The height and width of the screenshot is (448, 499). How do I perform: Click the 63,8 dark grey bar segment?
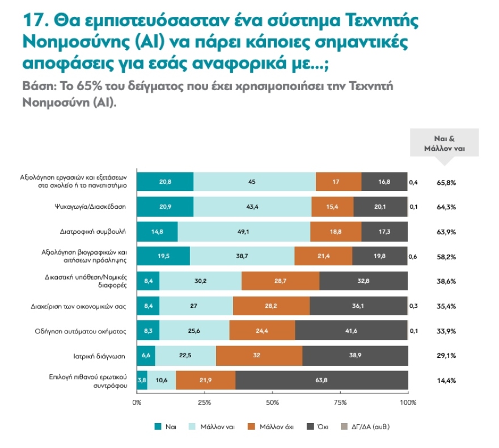pyautogui.click(x=322, y=380)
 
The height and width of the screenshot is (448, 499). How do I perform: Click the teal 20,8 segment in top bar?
pyautogui.click(x=166, y=182)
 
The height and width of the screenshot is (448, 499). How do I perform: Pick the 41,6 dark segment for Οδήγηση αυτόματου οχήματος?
pyautogui.click(x=350, y=330)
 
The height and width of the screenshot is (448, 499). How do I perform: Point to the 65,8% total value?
pyautogui.click(x=446, y=183)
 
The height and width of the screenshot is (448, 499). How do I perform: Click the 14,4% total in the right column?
pyautogui.click(x=446, y=381)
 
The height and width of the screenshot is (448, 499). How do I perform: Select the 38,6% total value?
pyautogui.click(x=446, y=281)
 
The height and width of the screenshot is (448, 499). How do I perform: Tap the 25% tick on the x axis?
pyautogui.click(x=204, y=402)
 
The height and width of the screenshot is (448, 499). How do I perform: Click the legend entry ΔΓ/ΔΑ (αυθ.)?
pyautogui.click(x=369, y=427)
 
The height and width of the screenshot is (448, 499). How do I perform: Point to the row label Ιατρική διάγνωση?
pyautogui.click(x=102, y=356)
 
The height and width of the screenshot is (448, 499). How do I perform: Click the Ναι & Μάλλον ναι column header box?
pyautogui.click(x=444, y=143)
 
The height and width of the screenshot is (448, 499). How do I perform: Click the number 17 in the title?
pyautogui.click(x=33, y=22)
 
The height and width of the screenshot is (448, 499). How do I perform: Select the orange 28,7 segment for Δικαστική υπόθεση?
pyautogui.click(x=281, y=281)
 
